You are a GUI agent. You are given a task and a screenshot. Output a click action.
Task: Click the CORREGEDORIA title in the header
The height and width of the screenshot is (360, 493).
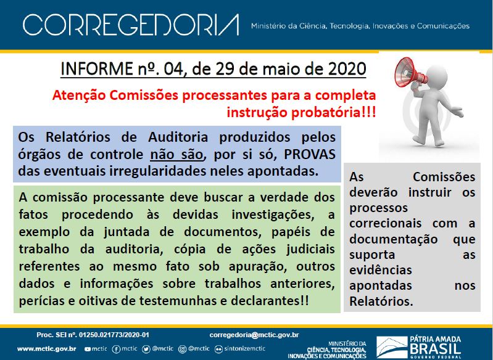[x=131, y=25]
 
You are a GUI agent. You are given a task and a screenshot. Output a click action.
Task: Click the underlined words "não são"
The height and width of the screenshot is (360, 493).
[x=176, y=154]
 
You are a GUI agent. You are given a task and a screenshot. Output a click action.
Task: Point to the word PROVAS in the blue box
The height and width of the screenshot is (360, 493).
[x=310, y=154]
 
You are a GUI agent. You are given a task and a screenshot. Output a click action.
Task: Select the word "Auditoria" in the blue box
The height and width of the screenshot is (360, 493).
[x=178, y=137]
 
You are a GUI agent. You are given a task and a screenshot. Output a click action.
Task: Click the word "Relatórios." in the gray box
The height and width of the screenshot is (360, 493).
[x=381, y=301]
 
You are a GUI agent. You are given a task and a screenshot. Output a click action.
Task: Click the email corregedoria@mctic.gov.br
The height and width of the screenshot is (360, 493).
[x=254, y=335]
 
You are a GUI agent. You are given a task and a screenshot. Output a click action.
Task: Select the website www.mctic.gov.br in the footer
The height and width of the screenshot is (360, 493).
[x=46, y=349]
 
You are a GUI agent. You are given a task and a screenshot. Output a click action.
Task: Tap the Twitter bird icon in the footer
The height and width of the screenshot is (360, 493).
[x=146, y=349]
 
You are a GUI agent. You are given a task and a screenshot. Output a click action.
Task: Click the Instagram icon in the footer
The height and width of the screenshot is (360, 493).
[x=183, y=349]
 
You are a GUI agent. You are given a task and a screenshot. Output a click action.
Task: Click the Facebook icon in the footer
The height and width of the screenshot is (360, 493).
[x=116, y=349]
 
